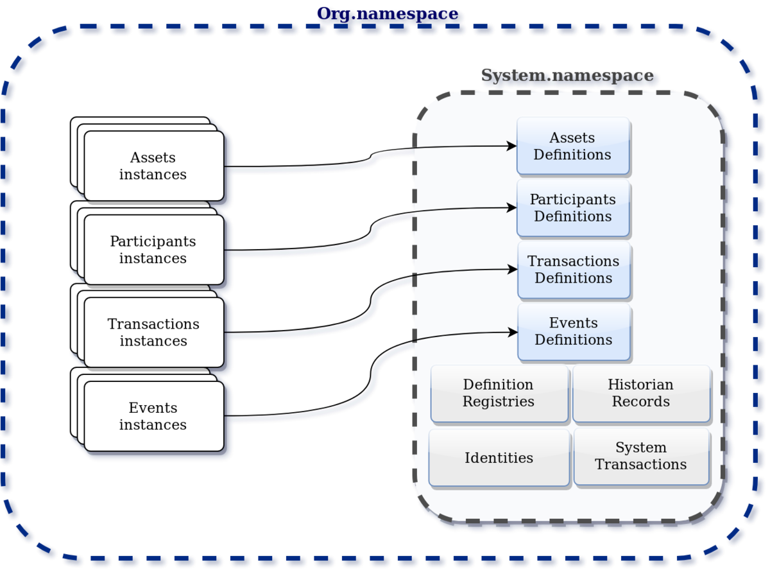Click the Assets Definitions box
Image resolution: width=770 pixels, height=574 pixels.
click(573, 146)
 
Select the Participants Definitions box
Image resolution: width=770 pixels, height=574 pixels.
click(573, 208)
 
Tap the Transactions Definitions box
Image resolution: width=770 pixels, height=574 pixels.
click(574, 270)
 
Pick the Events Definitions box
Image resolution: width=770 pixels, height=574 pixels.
click(574, 331)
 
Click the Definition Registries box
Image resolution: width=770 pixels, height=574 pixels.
click(499, 393)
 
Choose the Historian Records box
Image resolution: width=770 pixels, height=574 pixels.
click(641, 393)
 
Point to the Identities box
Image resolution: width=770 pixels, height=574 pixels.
click(499, 458)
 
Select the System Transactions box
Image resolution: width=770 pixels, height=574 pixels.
click(641, 456)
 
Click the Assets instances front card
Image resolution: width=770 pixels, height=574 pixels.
click(153, 166)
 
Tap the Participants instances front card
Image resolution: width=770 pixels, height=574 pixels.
click(153, 250)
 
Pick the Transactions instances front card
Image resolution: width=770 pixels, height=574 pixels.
click(153, 333)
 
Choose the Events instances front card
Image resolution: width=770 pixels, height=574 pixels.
click(153, 416)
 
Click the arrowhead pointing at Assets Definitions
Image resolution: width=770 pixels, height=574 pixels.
click(512, 146)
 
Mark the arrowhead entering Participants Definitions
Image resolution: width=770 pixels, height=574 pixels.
click(512, 208)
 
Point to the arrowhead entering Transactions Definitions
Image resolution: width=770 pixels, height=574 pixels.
click(513, 270)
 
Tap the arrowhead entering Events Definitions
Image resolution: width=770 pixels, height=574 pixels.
click(513, 332)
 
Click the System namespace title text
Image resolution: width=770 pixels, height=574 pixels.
click(568, 77)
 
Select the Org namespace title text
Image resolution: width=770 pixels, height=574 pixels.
click(389, 15)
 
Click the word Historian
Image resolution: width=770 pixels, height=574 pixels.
click(641, 385)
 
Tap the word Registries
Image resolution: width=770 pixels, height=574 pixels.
click(499, 402)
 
